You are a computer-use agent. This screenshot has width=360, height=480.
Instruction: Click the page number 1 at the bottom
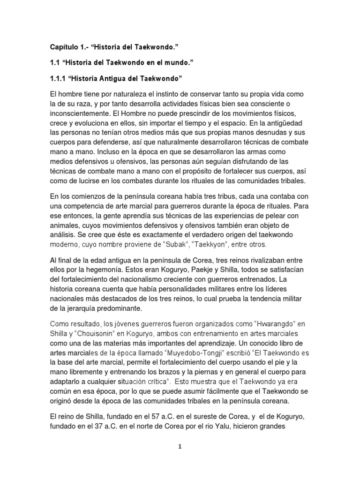[x=180, y=447]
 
